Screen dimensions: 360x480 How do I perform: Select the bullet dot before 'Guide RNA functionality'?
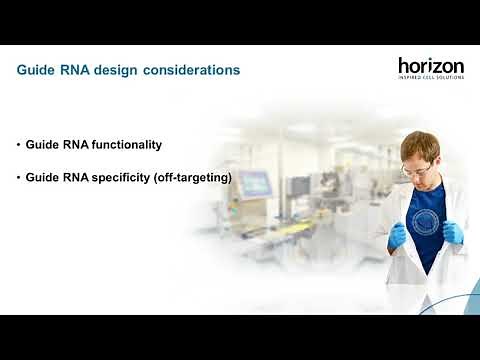point(18,145)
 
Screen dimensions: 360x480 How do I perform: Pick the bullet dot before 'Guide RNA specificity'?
point(18,178)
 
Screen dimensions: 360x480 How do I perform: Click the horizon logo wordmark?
point(431,65)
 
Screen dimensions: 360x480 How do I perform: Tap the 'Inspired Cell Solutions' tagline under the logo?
point(431,77)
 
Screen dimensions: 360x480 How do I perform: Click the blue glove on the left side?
point(399,235)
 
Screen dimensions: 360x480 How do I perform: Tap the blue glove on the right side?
point(452,232)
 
